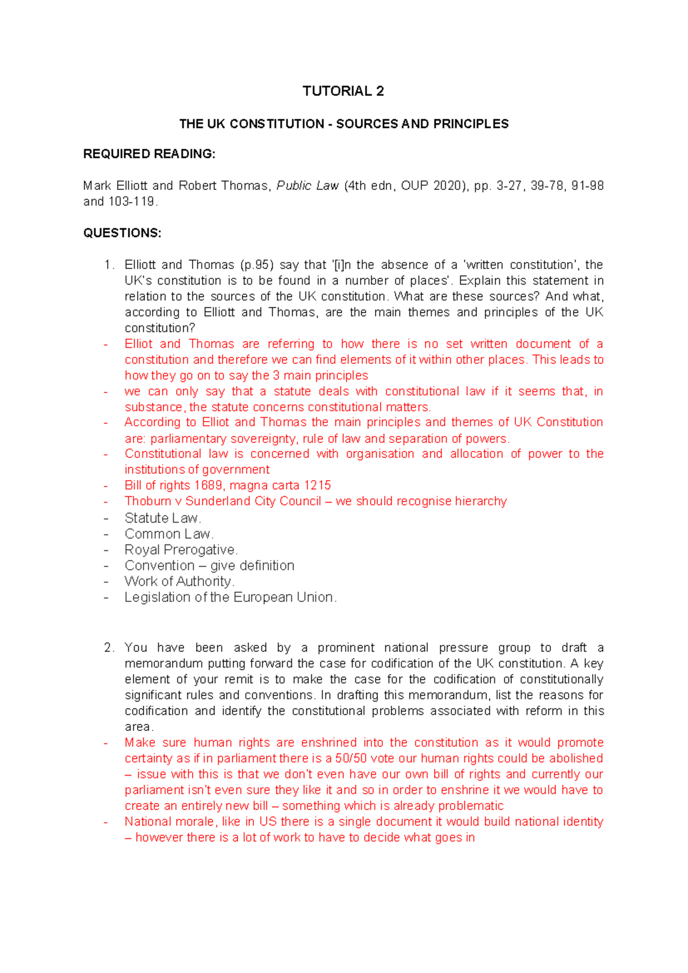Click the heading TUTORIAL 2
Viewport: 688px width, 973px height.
343,91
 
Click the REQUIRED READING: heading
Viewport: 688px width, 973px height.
149,154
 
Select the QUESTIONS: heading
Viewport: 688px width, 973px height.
122,233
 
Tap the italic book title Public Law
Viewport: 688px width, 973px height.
307,186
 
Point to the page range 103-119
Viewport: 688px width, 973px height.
131,202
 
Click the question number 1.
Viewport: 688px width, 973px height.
108,265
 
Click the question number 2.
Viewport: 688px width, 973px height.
108,648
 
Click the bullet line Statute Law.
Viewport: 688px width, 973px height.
162,518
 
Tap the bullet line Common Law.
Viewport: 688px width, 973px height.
169,534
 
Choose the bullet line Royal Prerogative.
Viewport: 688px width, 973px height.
181,550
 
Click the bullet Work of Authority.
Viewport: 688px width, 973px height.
179,581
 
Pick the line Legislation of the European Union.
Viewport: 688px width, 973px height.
230,597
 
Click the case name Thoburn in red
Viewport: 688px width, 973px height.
147,501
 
